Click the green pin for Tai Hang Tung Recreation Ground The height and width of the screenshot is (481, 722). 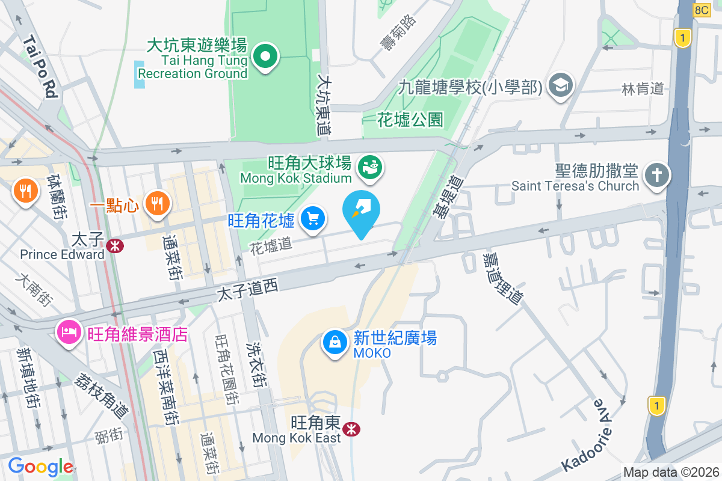[265, 57]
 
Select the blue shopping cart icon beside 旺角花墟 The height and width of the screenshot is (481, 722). [312, 218]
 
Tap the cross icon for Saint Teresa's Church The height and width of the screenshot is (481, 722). [656, 176]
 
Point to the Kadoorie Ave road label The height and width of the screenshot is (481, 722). [588, 434]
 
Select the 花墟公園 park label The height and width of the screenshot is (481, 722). [410, 120]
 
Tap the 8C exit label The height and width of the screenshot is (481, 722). [702, 10]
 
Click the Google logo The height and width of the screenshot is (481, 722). [40, 467]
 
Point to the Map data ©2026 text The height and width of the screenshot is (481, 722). [671, 472]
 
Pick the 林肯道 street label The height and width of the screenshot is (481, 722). [643, 89]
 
